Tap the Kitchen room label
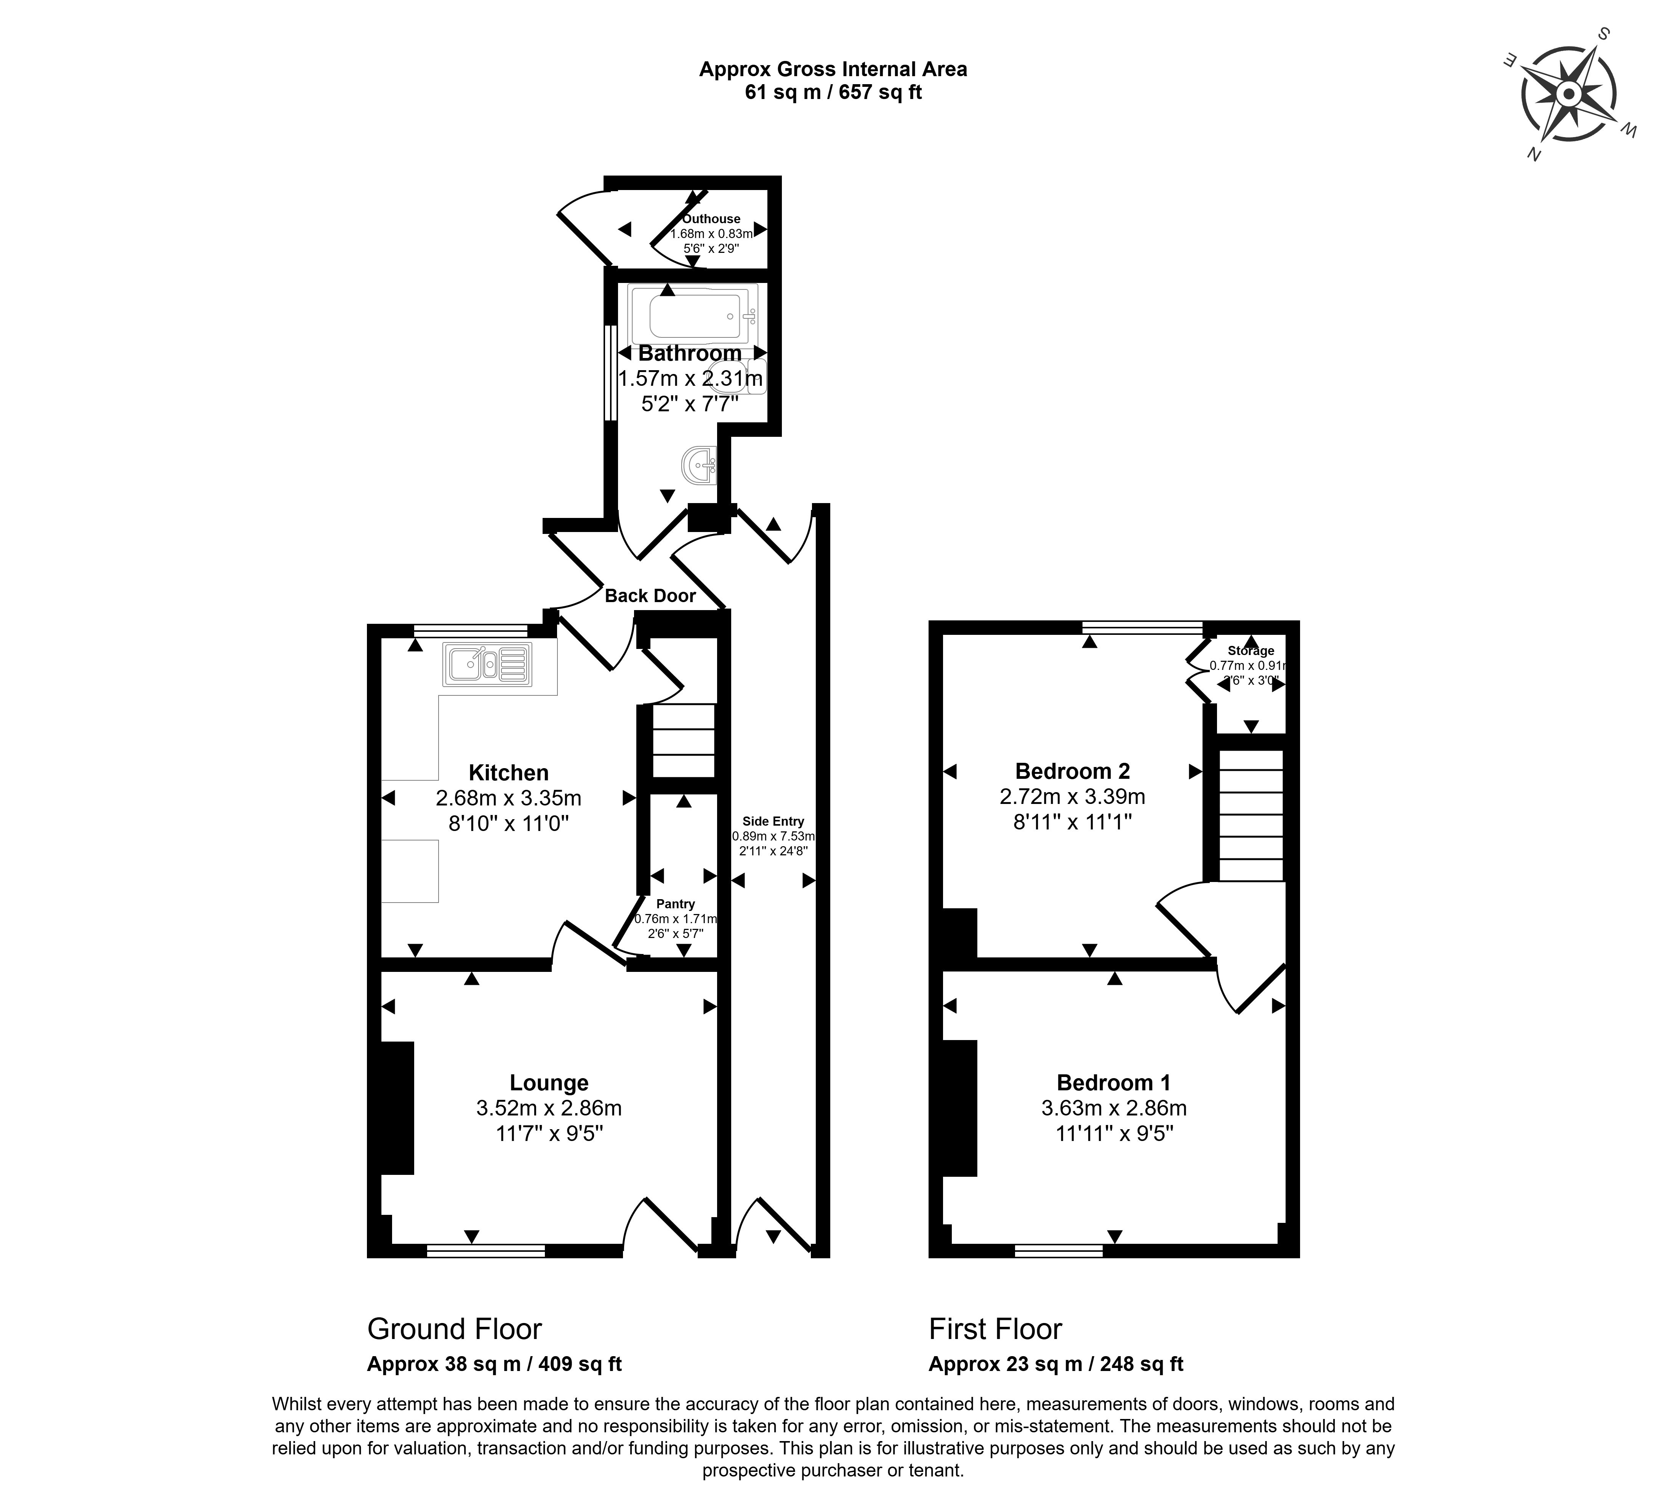coord(509,773)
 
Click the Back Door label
coord(650,596)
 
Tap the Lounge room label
coord(549,1083)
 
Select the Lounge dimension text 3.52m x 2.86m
coord(549,1108)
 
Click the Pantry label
coord(676,904)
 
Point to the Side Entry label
coord(773,821)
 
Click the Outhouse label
coord(711,219)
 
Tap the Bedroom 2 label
coord(1073,771)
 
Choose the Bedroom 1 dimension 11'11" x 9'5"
coord(1115,1133)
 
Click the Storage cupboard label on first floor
coord(1250,651)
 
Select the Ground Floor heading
coord(454,1329)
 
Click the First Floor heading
coord(995,1329)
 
